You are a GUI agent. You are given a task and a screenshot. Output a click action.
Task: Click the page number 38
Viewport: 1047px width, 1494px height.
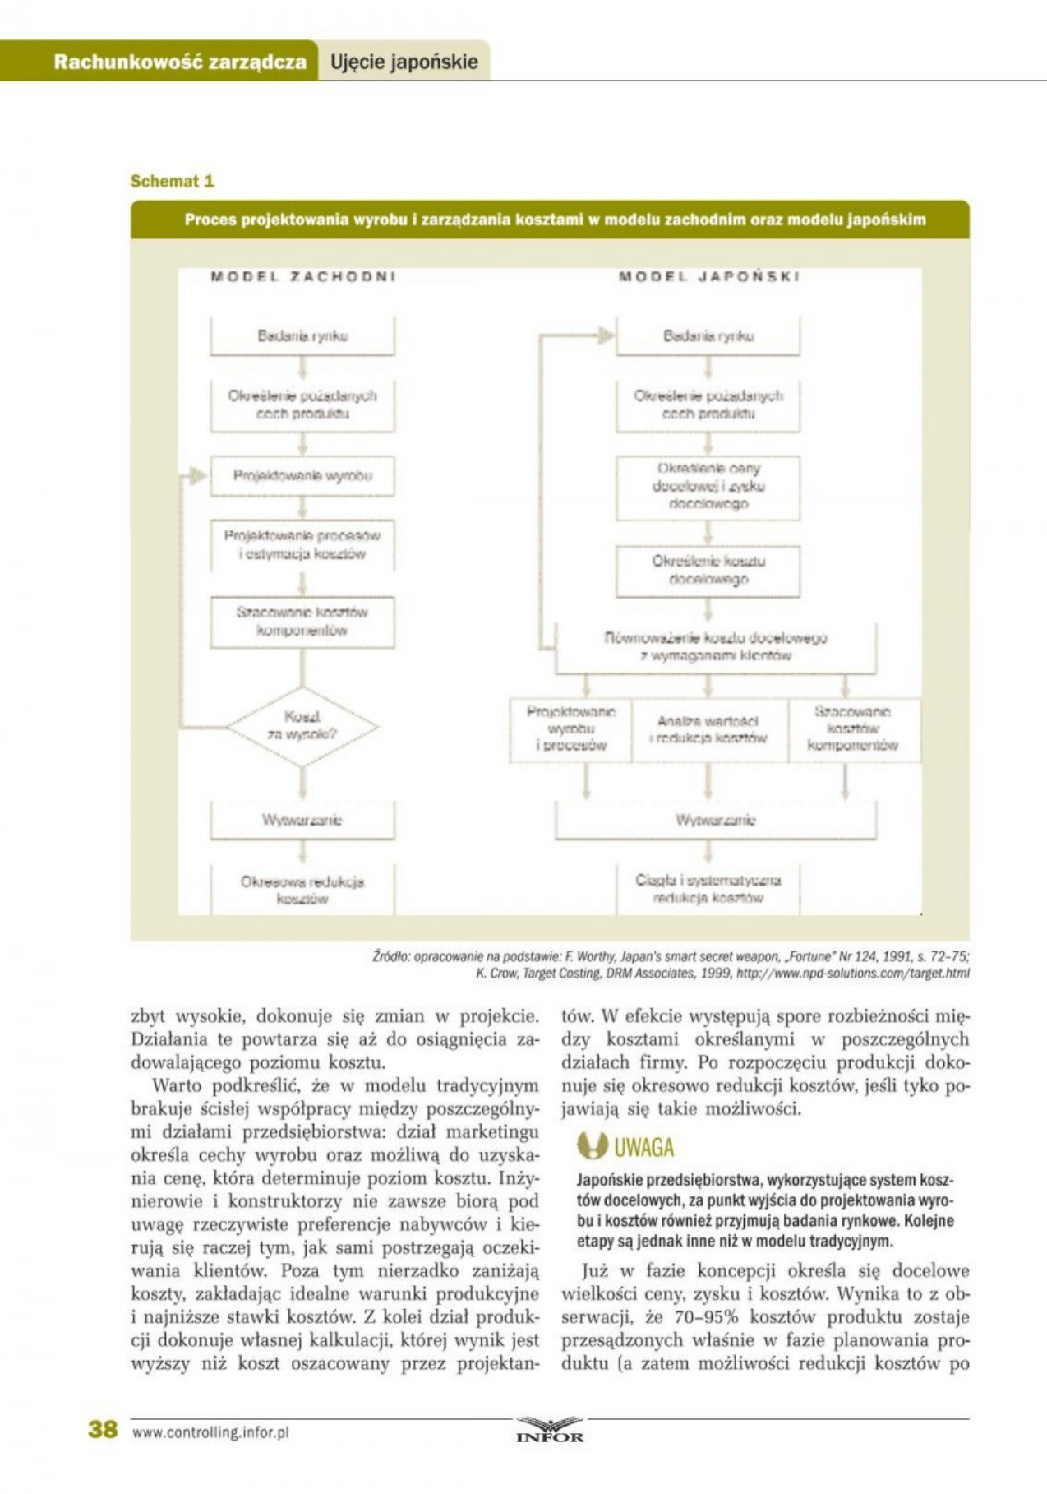pos(103,1429)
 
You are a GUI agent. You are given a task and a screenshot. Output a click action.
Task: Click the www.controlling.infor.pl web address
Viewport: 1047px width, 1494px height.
pos(210,1432)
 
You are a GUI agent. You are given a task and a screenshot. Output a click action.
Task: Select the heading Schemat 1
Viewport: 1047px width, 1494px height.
pos(172,181)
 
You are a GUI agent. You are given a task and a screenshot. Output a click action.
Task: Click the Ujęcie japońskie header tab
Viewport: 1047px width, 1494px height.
pos(404,62)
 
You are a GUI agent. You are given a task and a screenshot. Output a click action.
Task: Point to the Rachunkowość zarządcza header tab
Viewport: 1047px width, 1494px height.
pos(179,62)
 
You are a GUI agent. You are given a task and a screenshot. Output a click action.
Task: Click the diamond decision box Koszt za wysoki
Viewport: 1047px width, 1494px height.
pos(302,726)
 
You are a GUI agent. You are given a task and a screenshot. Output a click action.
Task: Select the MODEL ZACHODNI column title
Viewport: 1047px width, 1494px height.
pos(302,277)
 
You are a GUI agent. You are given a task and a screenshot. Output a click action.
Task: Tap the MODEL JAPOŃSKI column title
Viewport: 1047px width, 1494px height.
pos(708,277)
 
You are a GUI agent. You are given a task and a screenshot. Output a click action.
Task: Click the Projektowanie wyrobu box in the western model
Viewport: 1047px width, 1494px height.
pos(302,476)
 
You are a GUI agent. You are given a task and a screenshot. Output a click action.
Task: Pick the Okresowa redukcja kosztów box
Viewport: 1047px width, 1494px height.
pos(302,890)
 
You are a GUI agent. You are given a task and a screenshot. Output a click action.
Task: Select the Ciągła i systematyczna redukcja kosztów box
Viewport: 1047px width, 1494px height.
pos(708,889)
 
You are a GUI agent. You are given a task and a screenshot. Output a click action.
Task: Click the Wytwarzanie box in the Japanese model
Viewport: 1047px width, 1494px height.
pos(715,820)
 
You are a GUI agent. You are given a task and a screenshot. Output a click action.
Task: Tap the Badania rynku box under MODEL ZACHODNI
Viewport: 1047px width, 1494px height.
pos(302,335)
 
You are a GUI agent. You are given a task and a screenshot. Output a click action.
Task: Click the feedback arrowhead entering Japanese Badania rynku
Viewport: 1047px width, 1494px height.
pos(606,335)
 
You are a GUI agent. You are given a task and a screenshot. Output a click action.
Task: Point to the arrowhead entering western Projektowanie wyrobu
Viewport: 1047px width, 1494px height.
pos(198,475)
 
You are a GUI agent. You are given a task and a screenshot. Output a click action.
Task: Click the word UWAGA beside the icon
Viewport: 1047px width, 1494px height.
pos(643,1147)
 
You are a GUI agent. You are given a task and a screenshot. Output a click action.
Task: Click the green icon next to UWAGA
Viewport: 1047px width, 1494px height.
pos(592,1145)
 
